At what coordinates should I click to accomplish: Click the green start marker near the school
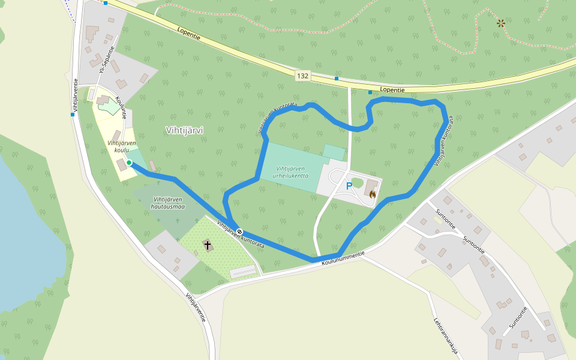129,163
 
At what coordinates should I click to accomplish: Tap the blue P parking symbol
349,187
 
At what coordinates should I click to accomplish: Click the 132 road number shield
302,76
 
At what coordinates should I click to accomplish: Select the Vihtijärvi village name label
184,130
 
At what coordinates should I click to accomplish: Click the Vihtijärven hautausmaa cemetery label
169,203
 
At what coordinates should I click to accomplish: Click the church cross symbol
208,245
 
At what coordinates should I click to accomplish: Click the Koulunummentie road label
343,259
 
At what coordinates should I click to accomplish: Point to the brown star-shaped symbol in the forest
500,23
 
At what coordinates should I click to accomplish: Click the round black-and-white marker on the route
239,232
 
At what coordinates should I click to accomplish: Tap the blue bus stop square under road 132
337,79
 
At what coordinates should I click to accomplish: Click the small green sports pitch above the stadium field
334,152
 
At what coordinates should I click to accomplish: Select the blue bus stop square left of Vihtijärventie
72,115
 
